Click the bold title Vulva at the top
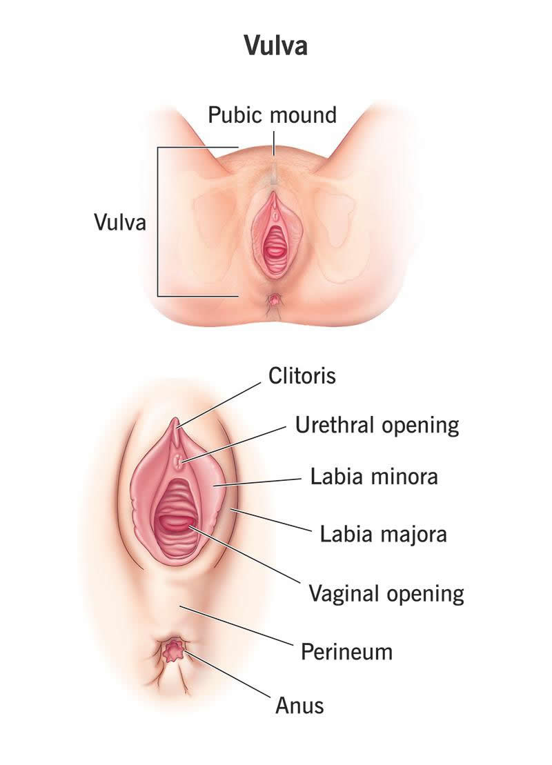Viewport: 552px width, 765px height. [x=275, y=46]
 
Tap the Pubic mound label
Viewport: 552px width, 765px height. [x=273, y=115]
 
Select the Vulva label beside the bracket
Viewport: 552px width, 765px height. [x=119, y=222]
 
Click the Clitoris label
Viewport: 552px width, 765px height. [x=302, y=377]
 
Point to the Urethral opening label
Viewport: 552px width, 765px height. [x=377, y=425]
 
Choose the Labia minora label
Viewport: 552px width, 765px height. [x=373, y=476]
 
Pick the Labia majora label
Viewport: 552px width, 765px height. [x=383, y=533]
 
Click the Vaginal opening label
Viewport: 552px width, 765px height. [x=386, y=593]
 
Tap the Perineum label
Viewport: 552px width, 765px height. [x=346, y=651]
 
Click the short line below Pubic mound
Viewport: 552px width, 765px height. [x=273, y=142]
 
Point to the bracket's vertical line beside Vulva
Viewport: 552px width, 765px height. [x=158, y=222]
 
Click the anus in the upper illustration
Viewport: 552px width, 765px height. [x=275, y=300]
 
